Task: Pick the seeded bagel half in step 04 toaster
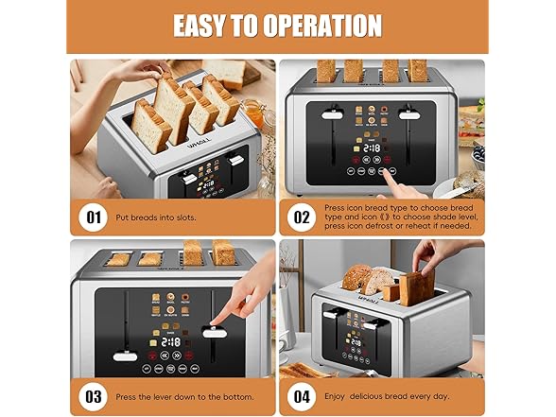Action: [356, 277]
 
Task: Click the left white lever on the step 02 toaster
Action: [330, 115]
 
